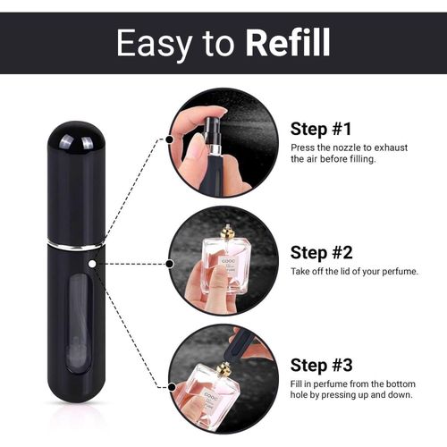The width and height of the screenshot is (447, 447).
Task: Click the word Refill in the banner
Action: click(288, 42)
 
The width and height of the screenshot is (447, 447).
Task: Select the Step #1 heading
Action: click(321, 129)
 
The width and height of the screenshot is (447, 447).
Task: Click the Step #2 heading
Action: click(322, 253)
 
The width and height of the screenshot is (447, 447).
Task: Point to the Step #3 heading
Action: click(322, 365)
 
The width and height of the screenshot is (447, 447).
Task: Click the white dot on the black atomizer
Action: click(92, 264)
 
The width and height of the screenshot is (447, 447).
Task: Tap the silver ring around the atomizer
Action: click(76, 245)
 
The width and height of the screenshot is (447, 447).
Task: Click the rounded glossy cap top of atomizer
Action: click(76, 136)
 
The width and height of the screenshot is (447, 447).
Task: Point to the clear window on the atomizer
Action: click(79, 324)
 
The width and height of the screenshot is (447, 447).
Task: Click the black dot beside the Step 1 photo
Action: click(170, 139)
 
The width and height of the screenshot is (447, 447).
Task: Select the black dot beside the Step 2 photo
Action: click(170, 264)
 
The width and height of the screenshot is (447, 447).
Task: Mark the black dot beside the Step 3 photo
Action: click(172, 387)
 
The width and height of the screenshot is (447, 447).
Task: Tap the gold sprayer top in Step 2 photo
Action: click(227, 232)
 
